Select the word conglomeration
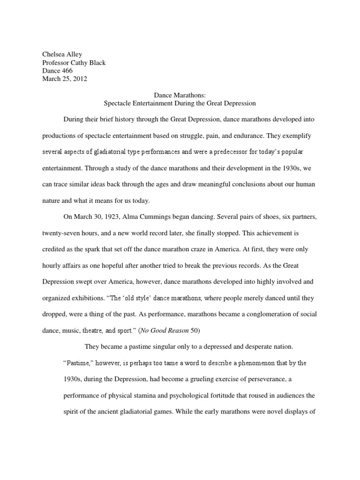257,315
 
